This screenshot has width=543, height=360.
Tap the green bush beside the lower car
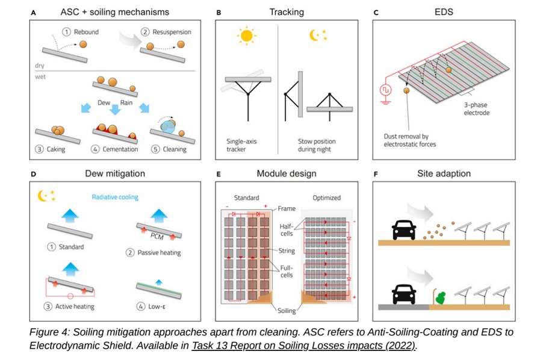point(441,297)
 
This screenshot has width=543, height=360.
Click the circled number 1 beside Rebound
point(67,31)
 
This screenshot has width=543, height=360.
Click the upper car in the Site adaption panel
point(405,230)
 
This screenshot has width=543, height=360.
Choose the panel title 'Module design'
point(287,174)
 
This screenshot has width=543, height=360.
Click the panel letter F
point(376,175)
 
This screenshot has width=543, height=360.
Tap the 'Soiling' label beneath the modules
point(286,311)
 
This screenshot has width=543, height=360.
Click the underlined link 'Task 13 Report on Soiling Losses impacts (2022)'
point(303,346)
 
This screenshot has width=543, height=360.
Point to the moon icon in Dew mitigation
point(42,195)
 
